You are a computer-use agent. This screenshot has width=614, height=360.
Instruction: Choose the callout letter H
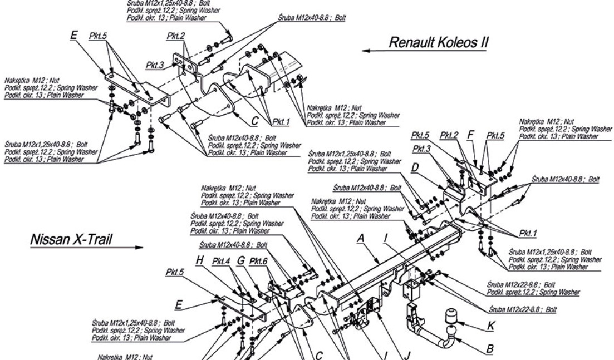click(199, 260)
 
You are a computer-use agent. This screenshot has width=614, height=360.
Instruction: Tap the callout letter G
click(241, 260)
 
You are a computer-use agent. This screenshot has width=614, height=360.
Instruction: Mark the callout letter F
click(471, 135)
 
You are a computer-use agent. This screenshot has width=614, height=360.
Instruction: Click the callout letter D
click(414, 167)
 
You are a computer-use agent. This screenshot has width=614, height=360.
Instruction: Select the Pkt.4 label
click(222, 260)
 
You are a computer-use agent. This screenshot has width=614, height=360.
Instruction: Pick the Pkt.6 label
click(259, 260)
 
